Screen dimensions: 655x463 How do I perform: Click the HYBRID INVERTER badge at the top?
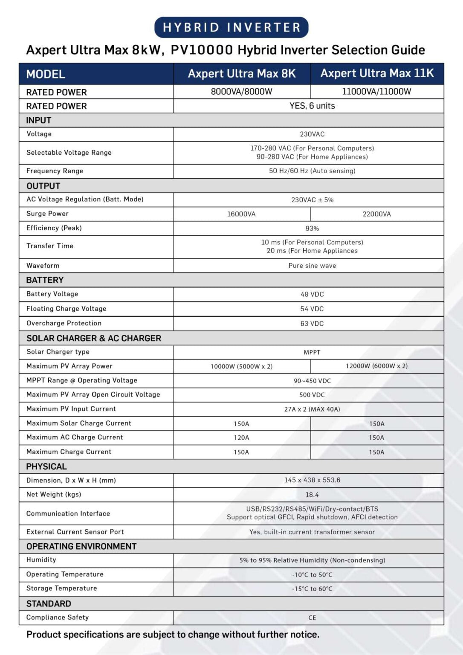click(231, 27)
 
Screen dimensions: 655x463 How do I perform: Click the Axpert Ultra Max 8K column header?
click(242, 73)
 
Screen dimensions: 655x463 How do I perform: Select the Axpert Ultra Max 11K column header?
click(377, 73)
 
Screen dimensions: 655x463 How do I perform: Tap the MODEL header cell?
click(46, 74)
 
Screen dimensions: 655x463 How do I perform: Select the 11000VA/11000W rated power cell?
click(376, 91)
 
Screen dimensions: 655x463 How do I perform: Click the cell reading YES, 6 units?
click(312, 106)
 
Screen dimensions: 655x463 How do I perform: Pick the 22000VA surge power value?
click(376, 214)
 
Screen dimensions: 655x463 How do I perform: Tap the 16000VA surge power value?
click(241, 214)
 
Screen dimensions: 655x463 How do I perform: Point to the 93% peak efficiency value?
click(312, 229)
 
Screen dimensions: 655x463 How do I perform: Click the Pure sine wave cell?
click(312, 266)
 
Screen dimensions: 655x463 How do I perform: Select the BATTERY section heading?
click(45, 280)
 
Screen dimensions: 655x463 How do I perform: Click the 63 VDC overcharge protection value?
click(312, 324)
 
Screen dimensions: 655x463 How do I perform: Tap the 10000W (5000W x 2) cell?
click(241, 366)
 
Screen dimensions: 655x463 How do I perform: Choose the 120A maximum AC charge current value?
click(241, 438)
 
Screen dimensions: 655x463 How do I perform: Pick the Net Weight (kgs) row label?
click(54, 494)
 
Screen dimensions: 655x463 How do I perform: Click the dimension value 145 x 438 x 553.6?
click(312, 480)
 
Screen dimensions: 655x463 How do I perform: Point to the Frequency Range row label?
click(55, 171)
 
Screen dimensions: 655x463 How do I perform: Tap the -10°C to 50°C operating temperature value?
click(312, 575)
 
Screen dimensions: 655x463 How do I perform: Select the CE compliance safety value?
click(312, 618)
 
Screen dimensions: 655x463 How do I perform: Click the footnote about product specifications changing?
click(173, 635)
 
